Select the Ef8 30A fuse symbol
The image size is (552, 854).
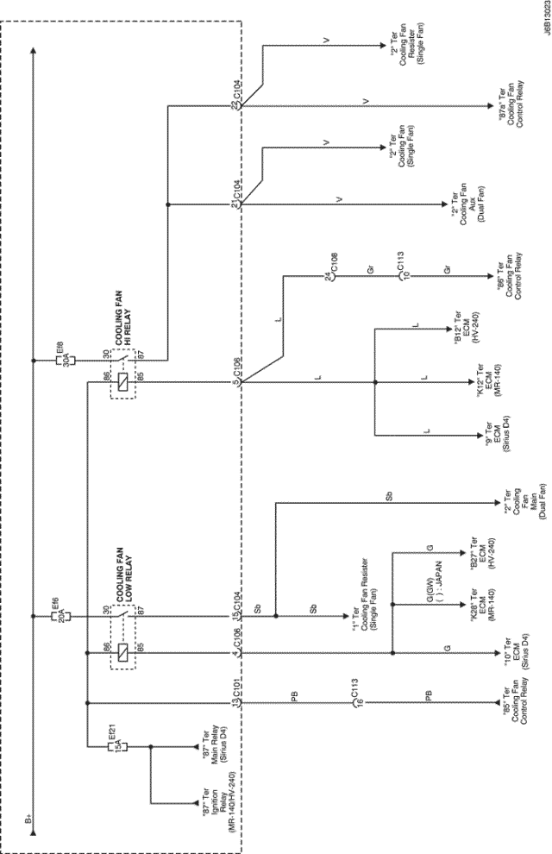pos(60,354)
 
